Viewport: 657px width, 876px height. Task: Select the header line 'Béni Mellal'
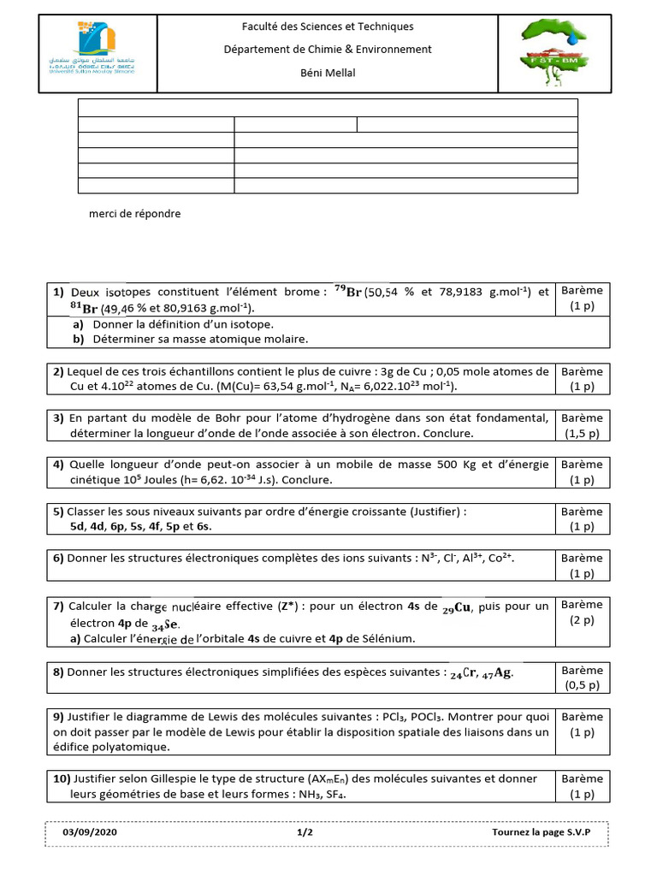pyautogui.click(x=327, y=73)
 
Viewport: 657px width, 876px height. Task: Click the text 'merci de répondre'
pyautogui.click(x=135, y=214)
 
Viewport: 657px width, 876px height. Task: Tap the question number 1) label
pyautogui.click(x=58, y=293)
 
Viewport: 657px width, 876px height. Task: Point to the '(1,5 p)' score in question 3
pyautogui.click(x=582, y=434)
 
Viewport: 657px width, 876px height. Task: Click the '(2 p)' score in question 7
pyautogui.click(x=582, y=622)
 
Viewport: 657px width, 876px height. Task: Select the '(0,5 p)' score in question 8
pyautogui.click(x=582, y=685)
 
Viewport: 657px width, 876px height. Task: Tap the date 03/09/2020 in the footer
pyautogui.click(x=89, y=832)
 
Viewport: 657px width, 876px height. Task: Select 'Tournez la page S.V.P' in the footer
pyautogui.click(x=541, y=832)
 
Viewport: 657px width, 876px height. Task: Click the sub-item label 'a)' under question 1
pyautogui.click(x=78, y=324)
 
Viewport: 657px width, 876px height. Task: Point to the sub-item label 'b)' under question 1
pyautogui.click(x=78, y=339)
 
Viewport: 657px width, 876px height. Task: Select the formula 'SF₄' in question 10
pyautogui.click(x=340, y=795)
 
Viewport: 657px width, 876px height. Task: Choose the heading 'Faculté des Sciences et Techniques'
pyautogui.click(x=327, y=27)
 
